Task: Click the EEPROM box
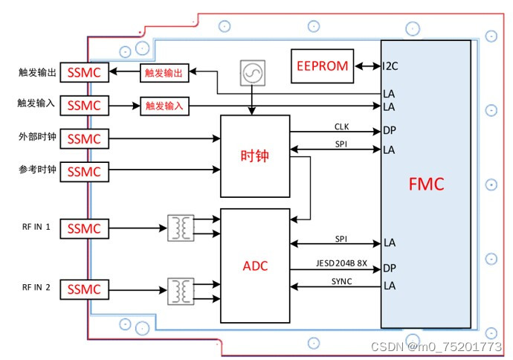coord(323,65)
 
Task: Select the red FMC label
coord(426,184)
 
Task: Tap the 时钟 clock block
coord(255,156)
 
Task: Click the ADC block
coord(255,266)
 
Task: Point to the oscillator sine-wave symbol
coord(252,73)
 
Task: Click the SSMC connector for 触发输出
coord(85,73)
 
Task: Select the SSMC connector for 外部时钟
coord(85,139)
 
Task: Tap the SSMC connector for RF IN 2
coord(85,289)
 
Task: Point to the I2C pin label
coord(390,65)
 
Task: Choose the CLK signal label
coord(341,126)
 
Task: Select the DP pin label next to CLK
coord(390,131)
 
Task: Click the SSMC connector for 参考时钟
coord(85,171)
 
